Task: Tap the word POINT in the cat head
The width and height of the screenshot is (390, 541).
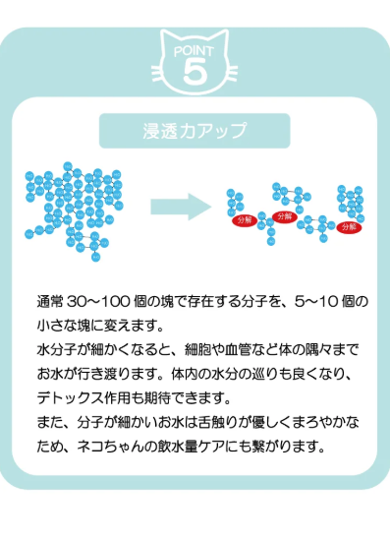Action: pyautogui.click(x=195, y=48)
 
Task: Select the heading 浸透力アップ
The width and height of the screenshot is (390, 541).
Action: pyautogui.click(x=195, y=130)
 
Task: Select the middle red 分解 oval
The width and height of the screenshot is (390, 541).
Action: pyautogui.click(x=285, y=216)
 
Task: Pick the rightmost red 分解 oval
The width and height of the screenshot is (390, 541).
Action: pyautogui.click(x=349, y=226)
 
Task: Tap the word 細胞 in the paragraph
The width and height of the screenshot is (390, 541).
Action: pyautogui.click(x=228, y=350)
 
